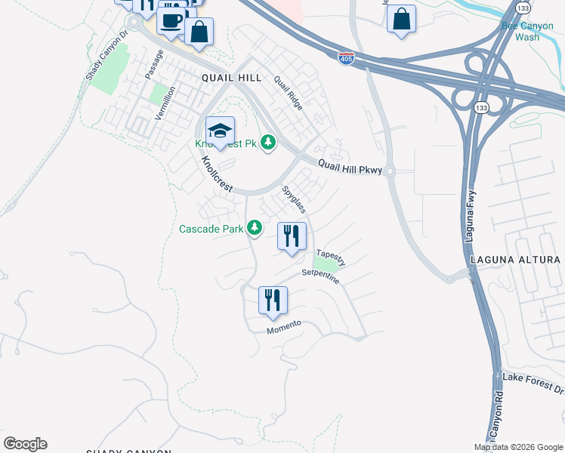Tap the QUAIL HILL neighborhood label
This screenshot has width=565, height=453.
(231, 78)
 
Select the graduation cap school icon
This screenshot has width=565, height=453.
(220, 131)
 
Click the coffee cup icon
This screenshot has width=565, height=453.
(172, 20)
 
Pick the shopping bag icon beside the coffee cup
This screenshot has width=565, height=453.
(199, 32)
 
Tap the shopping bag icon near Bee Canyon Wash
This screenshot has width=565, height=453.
(402, 19)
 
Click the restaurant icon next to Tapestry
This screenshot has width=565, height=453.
(292, 236)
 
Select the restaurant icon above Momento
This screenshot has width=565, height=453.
(273, 300)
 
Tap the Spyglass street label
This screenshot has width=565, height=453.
(293, 199)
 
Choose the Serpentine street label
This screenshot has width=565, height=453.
(320, 276)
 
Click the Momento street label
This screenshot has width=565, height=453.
(284, 328)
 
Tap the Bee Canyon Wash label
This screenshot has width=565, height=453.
(521, 31)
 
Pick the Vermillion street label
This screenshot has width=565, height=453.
(165, 102)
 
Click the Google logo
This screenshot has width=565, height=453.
(25, 444)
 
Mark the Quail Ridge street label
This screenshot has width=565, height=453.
(288, 93)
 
